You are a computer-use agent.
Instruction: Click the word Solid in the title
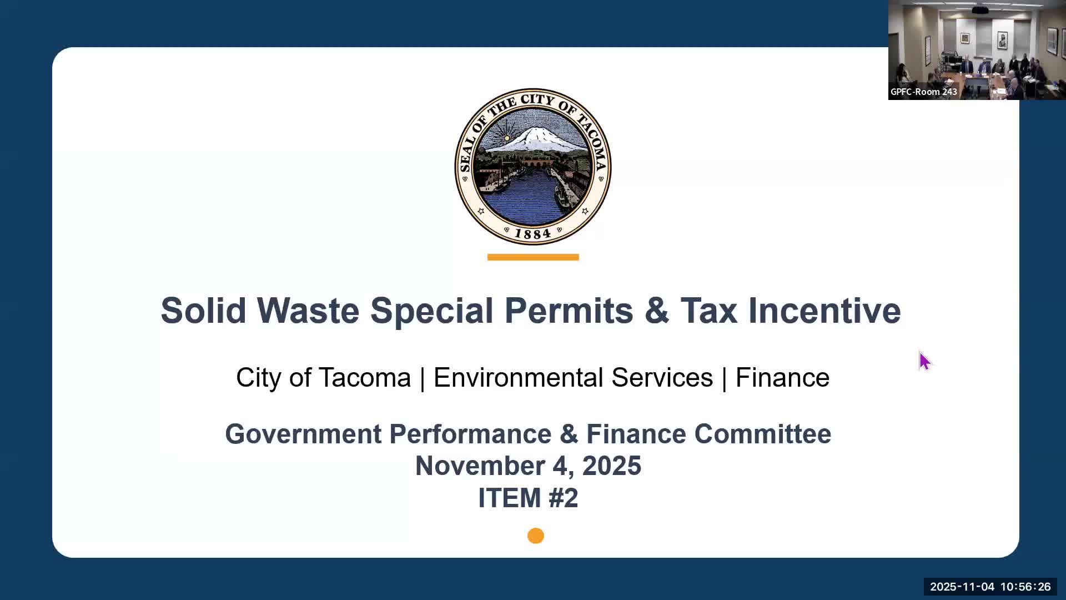pyautogui.click(x=203, y=310)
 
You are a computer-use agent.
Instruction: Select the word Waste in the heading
pyautogui.click(x=308, y=310)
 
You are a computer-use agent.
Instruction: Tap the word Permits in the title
pyautogui.click(x=569, y=310)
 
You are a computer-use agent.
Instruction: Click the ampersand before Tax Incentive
pyautogui.click(x=657, y=310)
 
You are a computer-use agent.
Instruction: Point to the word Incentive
pyautogui.click(x=824, y=310)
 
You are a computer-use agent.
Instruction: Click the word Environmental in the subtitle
pyautogui.click(x=573, y=378)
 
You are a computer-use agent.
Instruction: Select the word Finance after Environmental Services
pyautogui.click(x=782, y=378)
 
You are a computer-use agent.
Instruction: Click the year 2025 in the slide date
pyautogui.click(x=611, y=466)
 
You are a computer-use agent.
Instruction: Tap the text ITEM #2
pyautogui.click(x=528, y=498)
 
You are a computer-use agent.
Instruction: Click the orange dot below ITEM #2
pyautogui.click(x=536, y=536)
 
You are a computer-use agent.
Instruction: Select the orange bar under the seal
pyautogui.click(x=533, y=257)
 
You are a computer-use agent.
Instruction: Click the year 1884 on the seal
pyautogui.click(x=532, y=234)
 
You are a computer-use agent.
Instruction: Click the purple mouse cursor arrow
pyautogui.click(x=924, y=361)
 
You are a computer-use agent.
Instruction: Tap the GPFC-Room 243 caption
pyautogui.click(x=924, y=92)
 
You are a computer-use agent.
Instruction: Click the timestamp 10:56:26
pyautogui.click(x=1025, y=587)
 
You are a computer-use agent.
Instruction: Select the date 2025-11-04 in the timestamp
pyautogui.click(x=962, y=587)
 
